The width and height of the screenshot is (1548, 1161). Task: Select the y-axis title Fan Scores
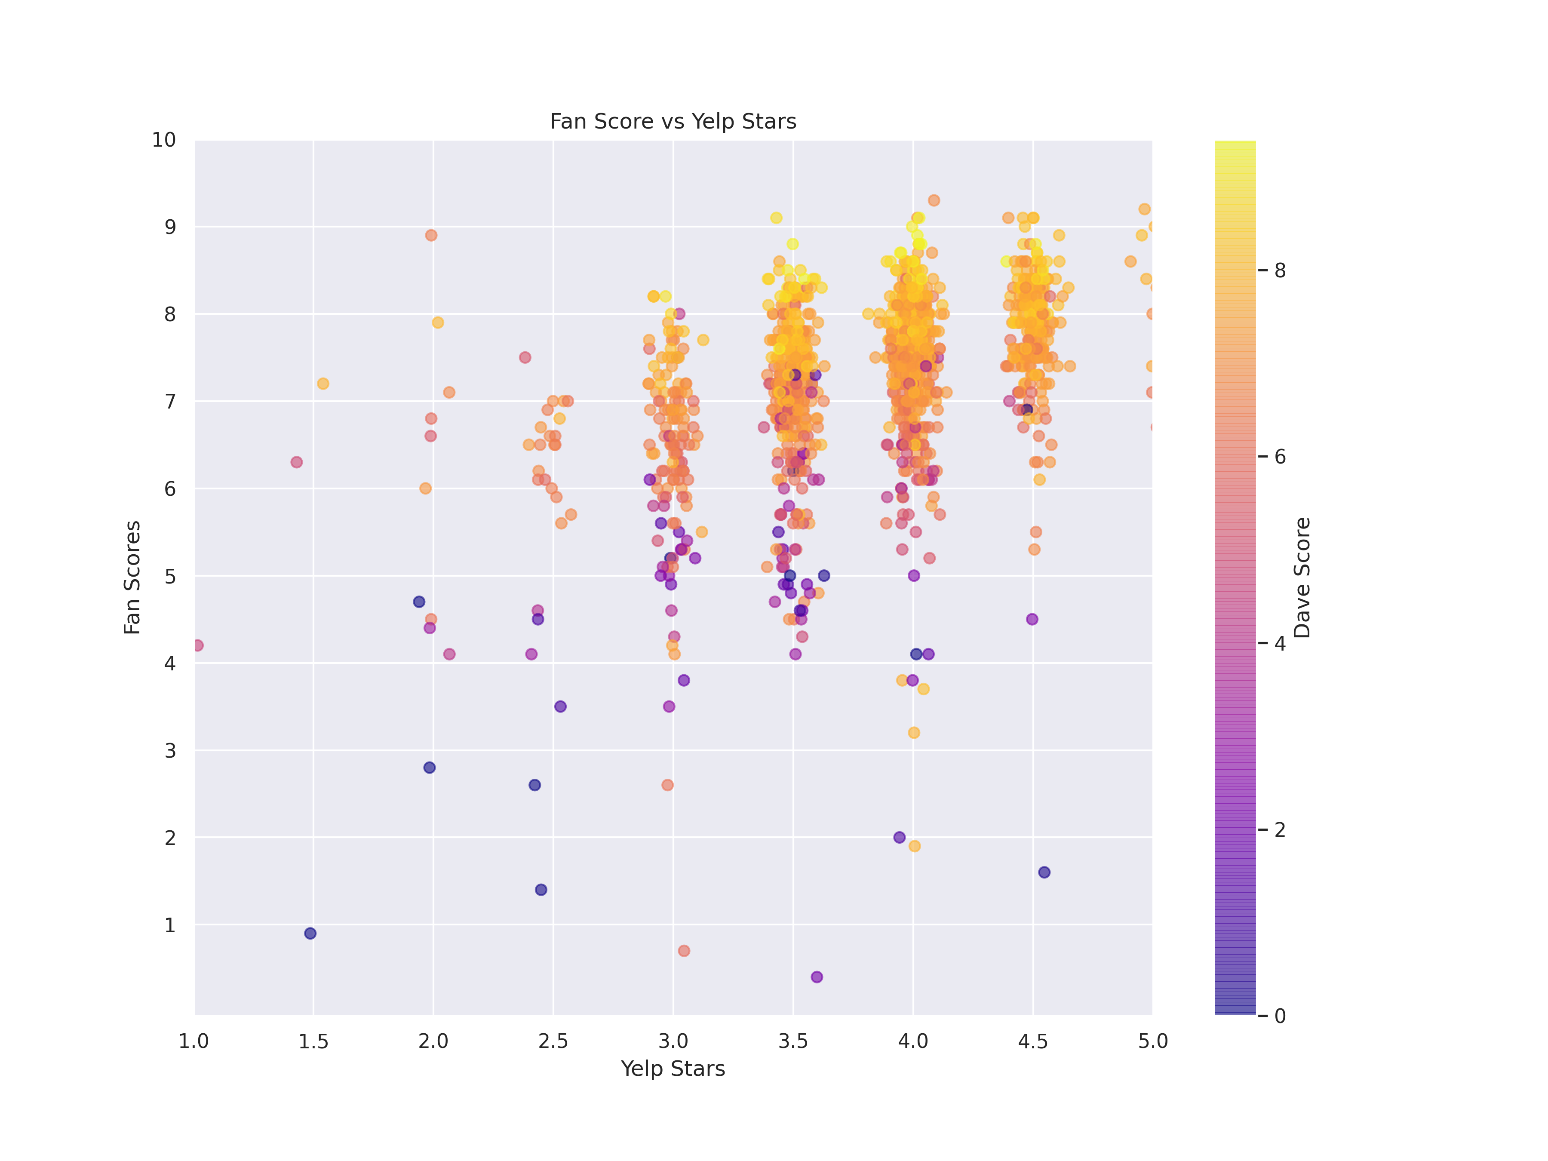click(x=132, y=577)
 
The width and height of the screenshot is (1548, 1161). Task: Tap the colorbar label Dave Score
click(x=1302, y=577)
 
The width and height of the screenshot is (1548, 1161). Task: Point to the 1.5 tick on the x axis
click(x=313, y=1041)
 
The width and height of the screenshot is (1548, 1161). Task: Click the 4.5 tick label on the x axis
click(x=1033, y=1041)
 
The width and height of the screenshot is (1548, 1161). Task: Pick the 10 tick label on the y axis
click(x=164, y=140)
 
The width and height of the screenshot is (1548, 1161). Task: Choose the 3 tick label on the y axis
click(x=170, y=750)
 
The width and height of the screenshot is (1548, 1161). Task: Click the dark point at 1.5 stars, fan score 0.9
click(x=310, y=934)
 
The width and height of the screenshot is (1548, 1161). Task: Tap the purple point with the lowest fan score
click(x=817, y=977)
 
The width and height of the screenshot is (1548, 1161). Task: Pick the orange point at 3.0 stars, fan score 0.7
click(x=684, y=950)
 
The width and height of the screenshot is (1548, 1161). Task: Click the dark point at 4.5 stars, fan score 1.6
click(x=1044, y=872)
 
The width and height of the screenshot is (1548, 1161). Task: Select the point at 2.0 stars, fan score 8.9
click(x=431, y=235)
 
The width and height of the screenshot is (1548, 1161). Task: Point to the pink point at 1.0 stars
click(x=198, y=645)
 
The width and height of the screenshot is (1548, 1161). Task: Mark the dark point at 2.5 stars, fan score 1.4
click(x=541, y=890)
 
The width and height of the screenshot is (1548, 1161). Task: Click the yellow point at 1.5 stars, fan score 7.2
click(x=322, y=384)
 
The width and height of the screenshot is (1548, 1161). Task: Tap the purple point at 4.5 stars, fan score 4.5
click(x=1032, y=619)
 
